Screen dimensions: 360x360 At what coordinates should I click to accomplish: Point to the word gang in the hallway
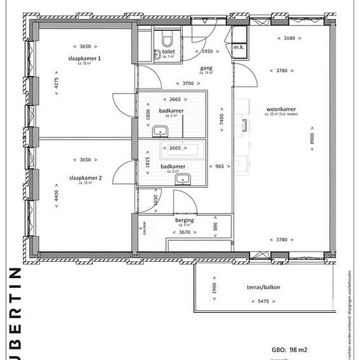(x=206, y=67)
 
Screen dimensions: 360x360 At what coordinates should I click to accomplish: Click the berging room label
(x=185, y=221)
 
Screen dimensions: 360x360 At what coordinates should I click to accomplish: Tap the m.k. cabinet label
(x=240, y=47)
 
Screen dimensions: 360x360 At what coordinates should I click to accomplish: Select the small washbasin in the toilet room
(x=158, y=56)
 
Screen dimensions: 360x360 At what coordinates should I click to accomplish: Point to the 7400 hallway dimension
(x=223, y=119)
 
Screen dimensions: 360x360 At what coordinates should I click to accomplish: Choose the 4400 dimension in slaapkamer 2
(x=57, y=194)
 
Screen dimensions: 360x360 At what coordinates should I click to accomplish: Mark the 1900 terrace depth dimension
(x=214, y=289)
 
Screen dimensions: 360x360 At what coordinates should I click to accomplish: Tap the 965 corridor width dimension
(x=219, y=167)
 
